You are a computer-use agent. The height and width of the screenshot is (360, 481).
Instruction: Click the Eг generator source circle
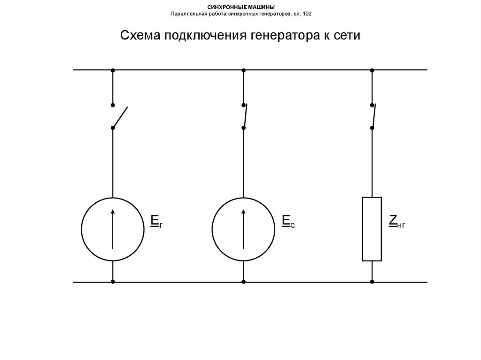pyautogui.click(x=113, y=229)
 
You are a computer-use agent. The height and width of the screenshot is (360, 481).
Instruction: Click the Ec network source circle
pyautogui.click(x=243, y=229)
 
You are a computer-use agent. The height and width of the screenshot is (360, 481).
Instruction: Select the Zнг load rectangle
pyautogui.click(x=372, y=229)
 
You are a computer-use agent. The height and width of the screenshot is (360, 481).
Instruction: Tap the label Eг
pyautogui.click(x=156, y=222)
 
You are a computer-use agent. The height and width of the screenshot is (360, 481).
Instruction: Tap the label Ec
pyautogui.click(x=288, y=222)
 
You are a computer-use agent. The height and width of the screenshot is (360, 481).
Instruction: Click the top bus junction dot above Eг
pyautogui.click(x=113, y=70)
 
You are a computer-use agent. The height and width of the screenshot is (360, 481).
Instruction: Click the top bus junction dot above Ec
pyautogui.click(x=243, y=70)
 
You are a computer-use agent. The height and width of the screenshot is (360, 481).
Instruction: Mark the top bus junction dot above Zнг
pyautogui.click(x=372, y=70)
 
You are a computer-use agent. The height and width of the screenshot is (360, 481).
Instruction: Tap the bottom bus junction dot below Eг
pyautogui.click(x=113, y=282)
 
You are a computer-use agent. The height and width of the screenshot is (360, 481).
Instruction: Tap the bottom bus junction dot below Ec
pyautogui.click(x=243, y=282)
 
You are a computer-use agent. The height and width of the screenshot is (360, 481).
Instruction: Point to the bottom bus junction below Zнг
pyautogui.click(x=372, y=282)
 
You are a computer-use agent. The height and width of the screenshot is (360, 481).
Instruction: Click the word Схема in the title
pyautogui.click(x=140, y=36)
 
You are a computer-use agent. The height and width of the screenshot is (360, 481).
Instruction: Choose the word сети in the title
pyautogui.click(x=347, y=36)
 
